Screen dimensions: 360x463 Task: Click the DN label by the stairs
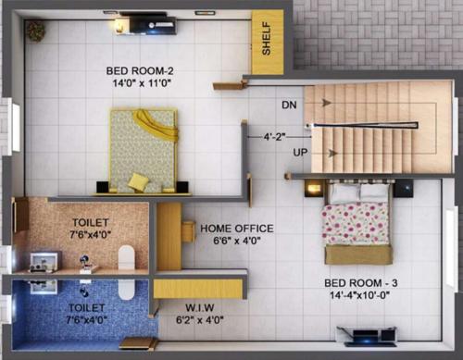289,104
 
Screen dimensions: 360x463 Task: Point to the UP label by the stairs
301,151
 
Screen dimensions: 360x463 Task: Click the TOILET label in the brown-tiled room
90,223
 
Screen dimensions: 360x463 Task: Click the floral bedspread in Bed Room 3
357,224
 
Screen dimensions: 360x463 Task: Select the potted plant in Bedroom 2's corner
35,31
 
